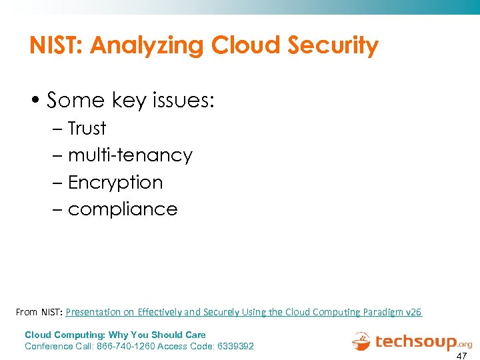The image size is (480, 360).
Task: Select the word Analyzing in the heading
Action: click(148, 46)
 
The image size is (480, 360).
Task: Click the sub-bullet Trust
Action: click(87, 128)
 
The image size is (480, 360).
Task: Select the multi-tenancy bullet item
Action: click(129, 155)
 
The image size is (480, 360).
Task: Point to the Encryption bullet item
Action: click(115, 182)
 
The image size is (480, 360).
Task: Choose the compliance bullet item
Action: click(122, 209)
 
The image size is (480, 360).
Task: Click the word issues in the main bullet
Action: click(182, 100)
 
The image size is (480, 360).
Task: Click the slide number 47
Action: click(461, 355)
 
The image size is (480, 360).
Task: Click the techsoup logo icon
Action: click(361, 341)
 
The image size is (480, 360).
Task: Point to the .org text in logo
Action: click(465, 345)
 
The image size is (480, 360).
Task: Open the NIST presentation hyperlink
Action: click(243, 312)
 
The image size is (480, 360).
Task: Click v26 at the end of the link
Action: click(414, 312)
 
